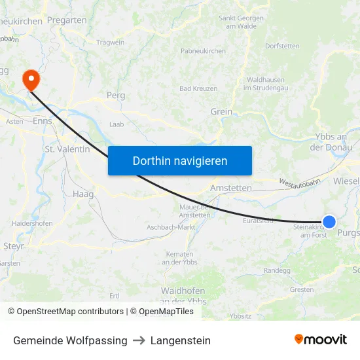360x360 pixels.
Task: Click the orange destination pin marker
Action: [31, 80]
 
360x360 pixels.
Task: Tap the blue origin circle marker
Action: [329, 223]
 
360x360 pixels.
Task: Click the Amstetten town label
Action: [230, 188]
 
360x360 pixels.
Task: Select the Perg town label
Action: [115, 96]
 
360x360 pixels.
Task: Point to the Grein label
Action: [221, 112]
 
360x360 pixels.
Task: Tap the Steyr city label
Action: [14, 246]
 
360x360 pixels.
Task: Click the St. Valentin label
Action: [67, 149]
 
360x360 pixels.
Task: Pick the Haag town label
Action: [83, 194]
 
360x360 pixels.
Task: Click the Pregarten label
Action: [67, 20]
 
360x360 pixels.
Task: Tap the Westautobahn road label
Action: [299, 182]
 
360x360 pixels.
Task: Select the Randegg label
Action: [276, 270]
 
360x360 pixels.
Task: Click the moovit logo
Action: [320, 340]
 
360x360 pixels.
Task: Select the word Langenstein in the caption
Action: [181, 340]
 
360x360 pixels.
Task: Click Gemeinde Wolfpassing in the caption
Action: [70, 340]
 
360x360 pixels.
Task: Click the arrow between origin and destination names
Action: [139, 340]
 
